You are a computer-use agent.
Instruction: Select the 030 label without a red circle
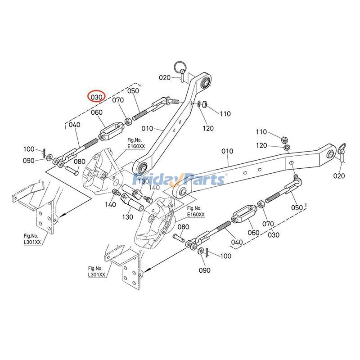273,234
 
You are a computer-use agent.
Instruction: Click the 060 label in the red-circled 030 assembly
97,112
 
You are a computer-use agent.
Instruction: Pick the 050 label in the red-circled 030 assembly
133,91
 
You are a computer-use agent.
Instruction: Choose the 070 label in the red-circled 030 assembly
118,100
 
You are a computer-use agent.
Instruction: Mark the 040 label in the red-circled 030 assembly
74,125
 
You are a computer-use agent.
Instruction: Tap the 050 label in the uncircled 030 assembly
297,207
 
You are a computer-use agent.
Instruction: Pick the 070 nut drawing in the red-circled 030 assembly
128,121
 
